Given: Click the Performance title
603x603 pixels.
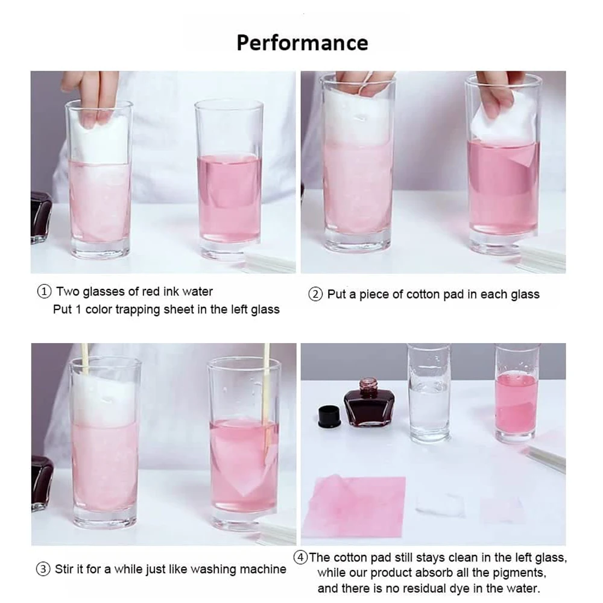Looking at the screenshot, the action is coord(302,43).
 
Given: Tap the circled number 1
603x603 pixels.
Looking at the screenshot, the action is coord(44,291).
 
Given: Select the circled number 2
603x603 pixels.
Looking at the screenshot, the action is coord(315,295).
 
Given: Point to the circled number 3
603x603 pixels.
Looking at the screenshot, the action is coord(43,569).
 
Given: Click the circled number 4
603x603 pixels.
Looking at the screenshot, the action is coord(301,557).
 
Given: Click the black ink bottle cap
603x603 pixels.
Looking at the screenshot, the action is coord(330,417).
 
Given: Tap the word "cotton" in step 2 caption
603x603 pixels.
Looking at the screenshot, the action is coord(423,295).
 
